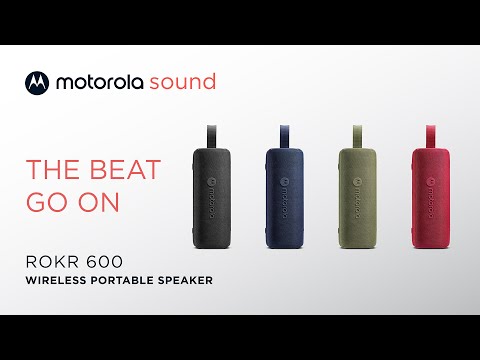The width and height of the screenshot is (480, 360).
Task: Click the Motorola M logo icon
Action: [x=35, y=81]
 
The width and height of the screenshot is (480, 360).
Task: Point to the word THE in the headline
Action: [x=53, y=169]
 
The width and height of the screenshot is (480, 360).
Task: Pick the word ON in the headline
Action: [x=102, y=201]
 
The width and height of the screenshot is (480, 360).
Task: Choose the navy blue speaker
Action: [x=286, y=196]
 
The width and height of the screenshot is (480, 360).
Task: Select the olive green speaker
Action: [x=357, y=196]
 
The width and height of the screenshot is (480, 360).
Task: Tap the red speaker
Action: [x=427, y=196]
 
